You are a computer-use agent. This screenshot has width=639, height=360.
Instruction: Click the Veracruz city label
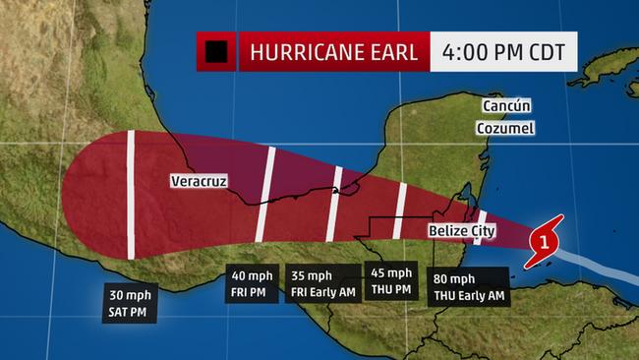tap(197, 181)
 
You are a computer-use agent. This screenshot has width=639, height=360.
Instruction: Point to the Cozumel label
tap(507, 129)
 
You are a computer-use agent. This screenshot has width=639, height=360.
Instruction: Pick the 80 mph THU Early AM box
tap(469, 286)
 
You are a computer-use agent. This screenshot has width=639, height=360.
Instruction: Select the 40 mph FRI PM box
tap(252, 280)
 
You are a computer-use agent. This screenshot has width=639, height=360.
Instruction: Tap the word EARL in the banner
tap(398, 51)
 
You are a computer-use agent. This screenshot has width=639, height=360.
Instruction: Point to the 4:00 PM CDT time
tap(502, 51)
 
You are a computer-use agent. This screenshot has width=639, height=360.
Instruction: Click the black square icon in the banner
tap(216, 51)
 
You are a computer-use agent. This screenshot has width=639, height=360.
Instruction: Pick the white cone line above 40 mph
tap(265, 194)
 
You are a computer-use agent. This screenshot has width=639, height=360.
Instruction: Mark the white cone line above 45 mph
tap(400, 210)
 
